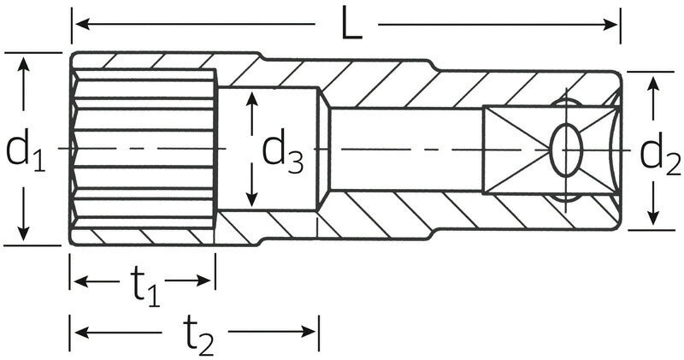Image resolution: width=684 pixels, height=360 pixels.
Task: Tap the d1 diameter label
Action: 25,150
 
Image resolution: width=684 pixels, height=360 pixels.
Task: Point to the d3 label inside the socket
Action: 282,151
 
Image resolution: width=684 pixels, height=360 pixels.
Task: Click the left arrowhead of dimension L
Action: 80,25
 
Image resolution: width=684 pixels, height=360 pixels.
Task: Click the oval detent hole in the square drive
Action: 566,149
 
